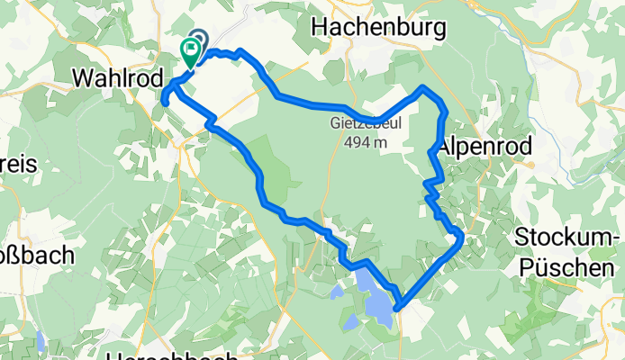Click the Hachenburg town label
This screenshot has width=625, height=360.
[378, 28]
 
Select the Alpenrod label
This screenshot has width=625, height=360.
[485, 146]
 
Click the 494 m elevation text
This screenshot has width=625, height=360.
[365, 142]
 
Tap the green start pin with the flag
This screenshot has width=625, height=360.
[191, 51]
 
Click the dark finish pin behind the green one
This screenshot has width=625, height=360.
[199, 39]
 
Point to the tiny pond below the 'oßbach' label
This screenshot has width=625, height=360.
[41, 340]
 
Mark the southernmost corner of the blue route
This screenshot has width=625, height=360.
[396, 311]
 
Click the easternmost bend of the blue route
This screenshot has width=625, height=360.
[461, 237]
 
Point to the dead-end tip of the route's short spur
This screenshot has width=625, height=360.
[166, 103]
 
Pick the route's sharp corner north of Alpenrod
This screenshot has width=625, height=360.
[425, 87]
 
